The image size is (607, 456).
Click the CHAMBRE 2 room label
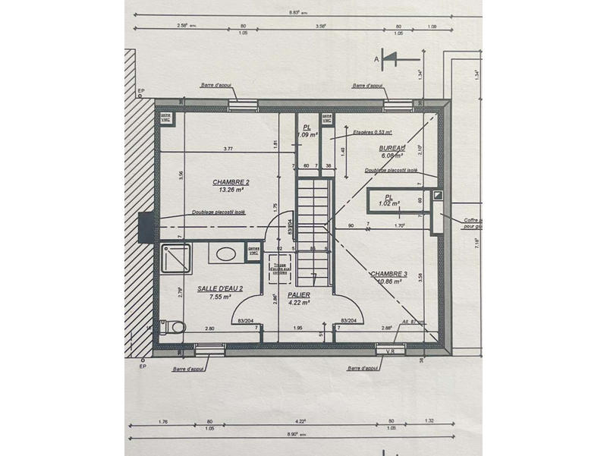pos(231,182)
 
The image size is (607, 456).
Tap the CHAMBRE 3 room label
pos(389,273)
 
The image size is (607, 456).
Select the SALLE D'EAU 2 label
pos(220,288)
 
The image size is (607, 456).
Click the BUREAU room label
pos(391,150)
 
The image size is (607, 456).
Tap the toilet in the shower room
pos(175,326)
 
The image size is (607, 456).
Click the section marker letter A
pos(376,58)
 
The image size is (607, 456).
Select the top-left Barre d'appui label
pos(218,86)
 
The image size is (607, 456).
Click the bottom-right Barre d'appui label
pos(363,368)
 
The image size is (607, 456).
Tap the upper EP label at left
pos(141,92)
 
